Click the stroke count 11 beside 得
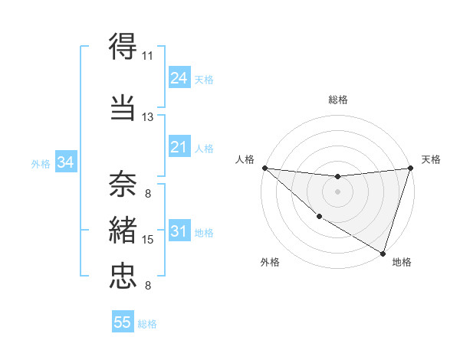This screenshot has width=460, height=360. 147,56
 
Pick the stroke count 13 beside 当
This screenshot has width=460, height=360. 147,117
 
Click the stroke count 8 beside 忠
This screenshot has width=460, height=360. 147,286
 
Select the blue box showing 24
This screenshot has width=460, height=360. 179,78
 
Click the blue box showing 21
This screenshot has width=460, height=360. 179,147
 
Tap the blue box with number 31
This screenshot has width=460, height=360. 179,231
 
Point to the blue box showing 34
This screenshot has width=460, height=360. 66,162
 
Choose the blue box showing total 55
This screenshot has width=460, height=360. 123,322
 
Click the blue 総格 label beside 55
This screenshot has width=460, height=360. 148,324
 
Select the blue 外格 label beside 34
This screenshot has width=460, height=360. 41,163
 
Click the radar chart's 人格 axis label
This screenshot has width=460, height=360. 244,159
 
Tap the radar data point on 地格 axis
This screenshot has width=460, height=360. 383,253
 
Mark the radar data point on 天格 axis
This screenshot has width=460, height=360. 410,168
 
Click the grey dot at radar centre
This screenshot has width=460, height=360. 337,191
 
